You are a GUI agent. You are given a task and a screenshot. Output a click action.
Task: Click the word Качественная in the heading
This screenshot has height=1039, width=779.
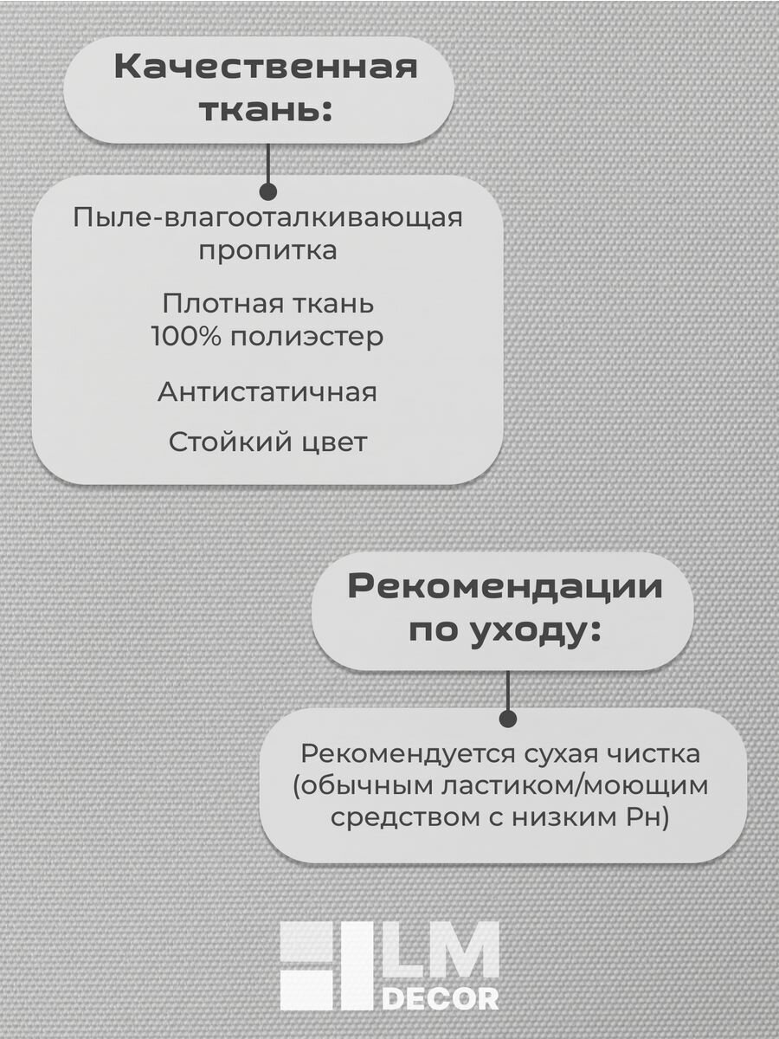click(266, 68)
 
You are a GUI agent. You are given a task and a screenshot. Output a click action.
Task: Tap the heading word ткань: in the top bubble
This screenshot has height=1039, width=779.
click(266, 110)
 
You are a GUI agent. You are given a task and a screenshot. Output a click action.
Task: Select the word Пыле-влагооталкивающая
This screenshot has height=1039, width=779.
click(267, 216)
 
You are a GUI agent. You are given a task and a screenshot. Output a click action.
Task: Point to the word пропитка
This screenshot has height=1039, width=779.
click(267, 251)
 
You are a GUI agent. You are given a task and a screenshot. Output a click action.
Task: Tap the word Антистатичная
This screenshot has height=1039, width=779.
click(267, 391)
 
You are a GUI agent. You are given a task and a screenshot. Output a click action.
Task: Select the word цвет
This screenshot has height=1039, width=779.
click(335, 442)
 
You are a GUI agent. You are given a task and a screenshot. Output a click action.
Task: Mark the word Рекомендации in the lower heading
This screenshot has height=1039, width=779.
click(505, 587)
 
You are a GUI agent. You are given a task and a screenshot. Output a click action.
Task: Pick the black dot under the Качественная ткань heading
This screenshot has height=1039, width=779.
click(268, 191)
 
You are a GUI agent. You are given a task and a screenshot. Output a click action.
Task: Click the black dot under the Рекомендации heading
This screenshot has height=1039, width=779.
click(508, 719)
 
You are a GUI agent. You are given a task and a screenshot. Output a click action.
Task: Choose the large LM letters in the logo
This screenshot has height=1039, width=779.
click(441, 952)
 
